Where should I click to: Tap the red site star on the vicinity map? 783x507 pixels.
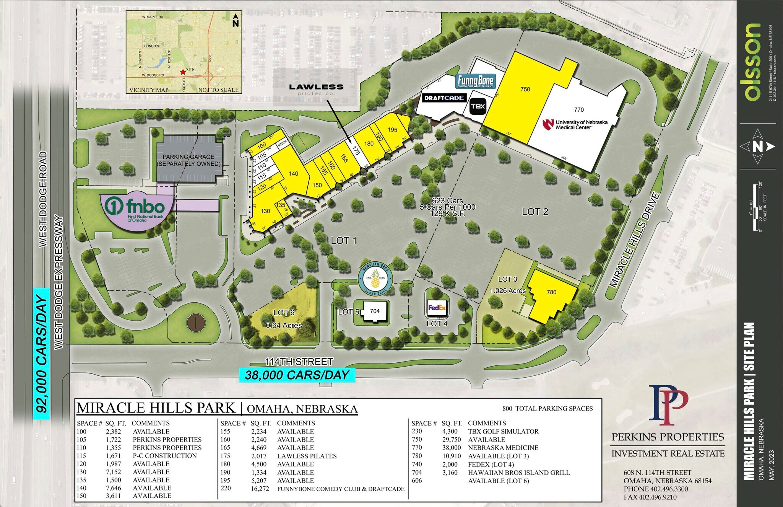[x=183, y=72]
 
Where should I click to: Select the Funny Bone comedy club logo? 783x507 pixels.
[x=476, y=82]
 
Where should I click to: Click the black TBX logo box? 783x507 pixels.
[x=478, y=106]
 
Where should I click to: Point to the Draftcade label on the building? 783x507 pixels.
[x=444, y=98]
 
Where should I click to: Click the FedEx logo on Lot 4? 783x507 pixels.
[x=437, y=308]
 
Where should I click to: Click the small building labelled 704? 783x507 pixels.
[x=375, y=311]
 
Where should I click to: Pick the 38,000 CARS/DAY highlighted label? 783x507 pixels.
[x=297, y=375]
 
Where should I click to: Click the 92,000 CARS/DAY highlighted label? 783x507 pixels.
[x=42, y=354]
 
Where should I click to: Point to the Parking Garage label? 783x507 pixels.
[x=189, y=160]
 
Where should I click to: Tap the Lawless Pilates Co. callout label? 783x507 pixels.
[x=316, y=89]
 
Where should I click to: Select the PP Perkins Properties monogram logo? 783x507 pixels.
[x=668, y=405]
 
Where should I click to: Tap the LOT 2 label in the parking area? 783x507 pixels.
[x=535, y=212]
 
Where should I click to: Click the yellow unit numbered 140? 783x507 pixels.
[x=293, y=174]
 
